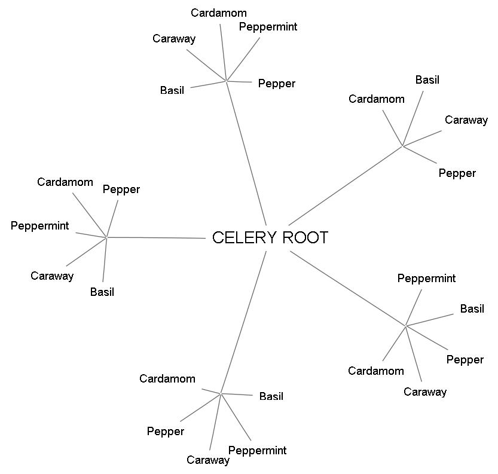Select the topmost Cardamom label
219,13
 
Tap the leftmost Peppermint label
40,226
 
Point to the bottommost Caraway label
208,460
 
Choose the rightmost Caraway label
466,120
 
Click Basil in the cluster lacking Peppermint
427,80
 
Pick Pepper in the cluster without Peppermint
457,173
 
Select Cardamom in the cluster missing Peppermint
377,99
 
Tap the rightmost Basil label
472,309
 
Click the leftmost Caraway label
52,276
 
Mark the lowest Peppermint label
258,451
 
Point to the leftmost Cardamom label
65,182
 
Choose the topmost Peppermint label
268,27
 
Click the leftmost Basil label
102,292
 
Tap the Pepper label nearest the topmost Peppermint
277,84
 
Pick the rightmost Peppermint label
427,279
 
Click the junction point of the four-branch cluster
403,146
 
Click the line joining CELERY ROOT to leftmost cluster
155,238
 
